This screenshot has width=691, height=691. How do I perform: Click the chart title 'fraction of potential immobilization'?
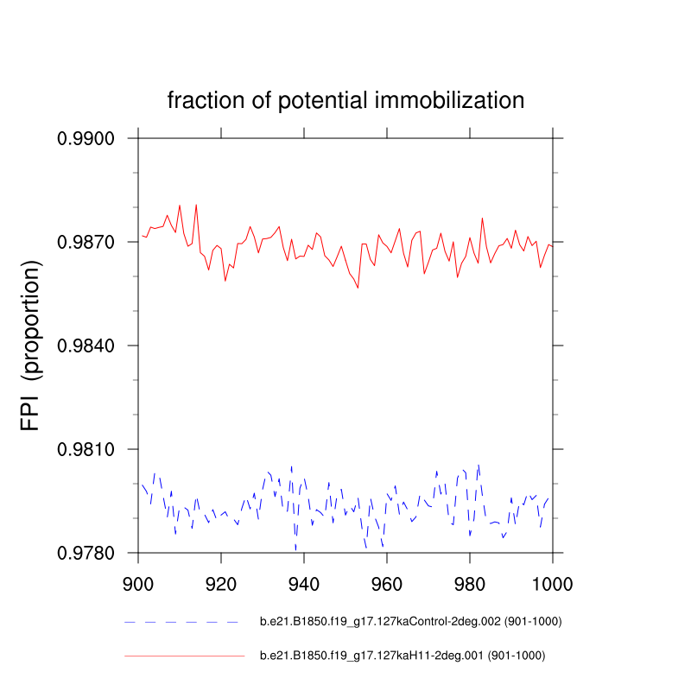pyautogui.click(x=345, y=101)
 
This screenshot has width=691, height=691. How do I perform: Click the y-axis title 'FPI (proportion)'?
pyautogui.click(x=31, y=346)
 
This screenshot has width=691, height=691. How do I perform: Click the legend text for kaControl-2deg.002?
pyautogui.click(x=403, y=622)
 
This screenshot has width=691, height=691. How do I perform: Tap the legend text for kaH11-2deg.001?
pyautogui.click(x=403, y=656)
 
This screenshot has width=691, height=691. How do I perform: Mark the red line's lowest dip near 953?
pyautogui.click(x=358, y=288)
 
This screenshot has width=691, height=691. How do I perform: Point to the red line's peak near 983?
pyautogui.click(x=482, y=218)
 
